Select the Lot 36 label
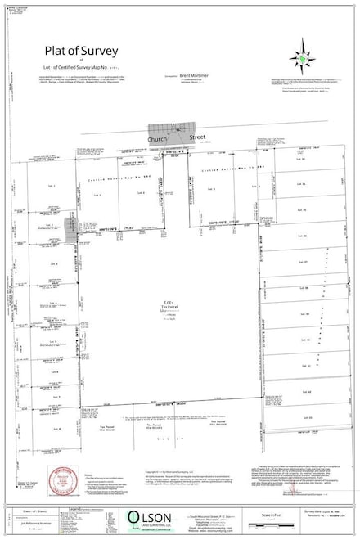[x=303, y=237]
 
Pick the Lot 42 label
[x=303, y=392]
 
